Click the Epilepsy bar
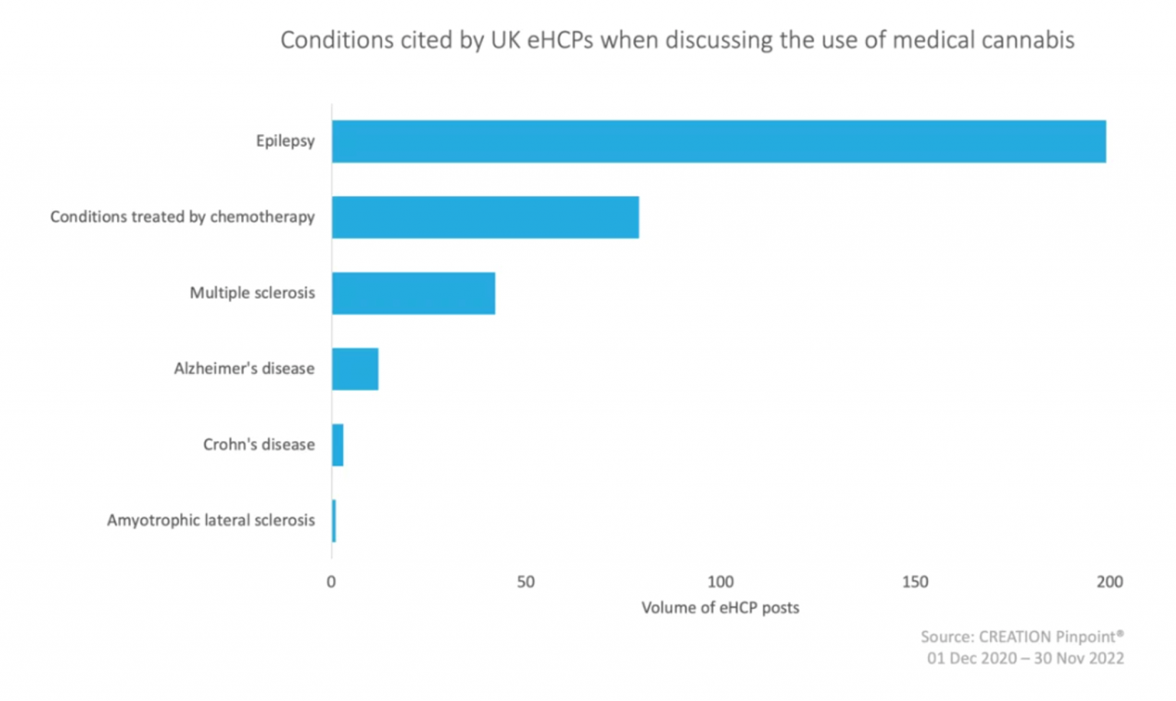pos(718,141)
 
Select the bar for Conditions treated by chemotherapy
pos(485,217)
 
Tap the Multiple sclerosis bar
pos(413,293)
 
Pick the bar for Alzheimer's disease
pos(355,369)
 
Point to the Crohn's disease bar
pos(338,444)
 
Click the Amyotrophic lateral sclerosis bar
pos(334,520)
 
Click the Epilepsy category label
pos(285,141)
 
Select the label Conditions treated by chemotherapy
pos(182,217)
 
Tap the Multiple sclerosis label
pos(252,293)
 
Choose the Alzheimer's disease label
pos(243,369)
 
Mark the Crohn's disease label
pos(258,444)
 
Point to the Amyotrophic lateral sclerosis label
pos(211,520)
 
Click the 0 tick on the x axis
pos(331,581)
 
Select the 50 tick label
pos(525,581)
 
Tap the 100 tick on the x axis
pos(720,581)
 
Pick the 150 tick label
pos(915,581)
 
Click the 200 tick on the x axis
pos(1109,581)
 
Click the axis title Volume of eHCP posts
pos(720,608)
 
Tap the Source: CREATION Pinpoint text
pos(1021,637)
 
